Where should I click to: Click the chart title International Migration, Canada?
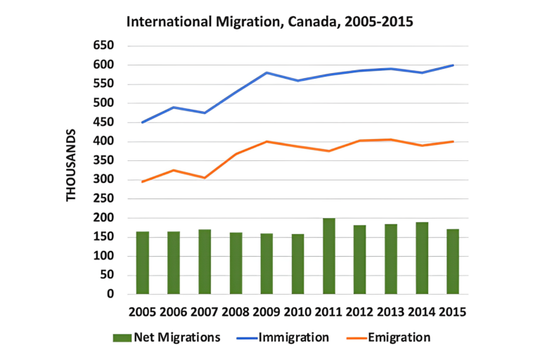(269, 21)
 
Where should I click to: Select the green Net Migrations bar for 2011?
(329, 256)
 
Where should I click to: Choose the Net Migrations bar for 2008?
(236, 263)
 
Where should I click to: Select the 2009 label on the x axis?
(267, 311)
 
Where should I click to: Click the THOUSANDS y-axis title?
(72, 165)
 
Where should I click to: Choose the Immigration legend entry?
(294, 337)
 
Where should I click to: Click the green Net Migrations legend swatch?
(122, 338)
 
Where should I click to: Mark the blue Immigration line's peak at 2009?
(267, 72)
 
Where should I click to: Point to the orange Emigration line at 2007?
(205, 177)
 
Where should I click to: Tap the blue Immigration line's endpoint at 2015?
(453, 65)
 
